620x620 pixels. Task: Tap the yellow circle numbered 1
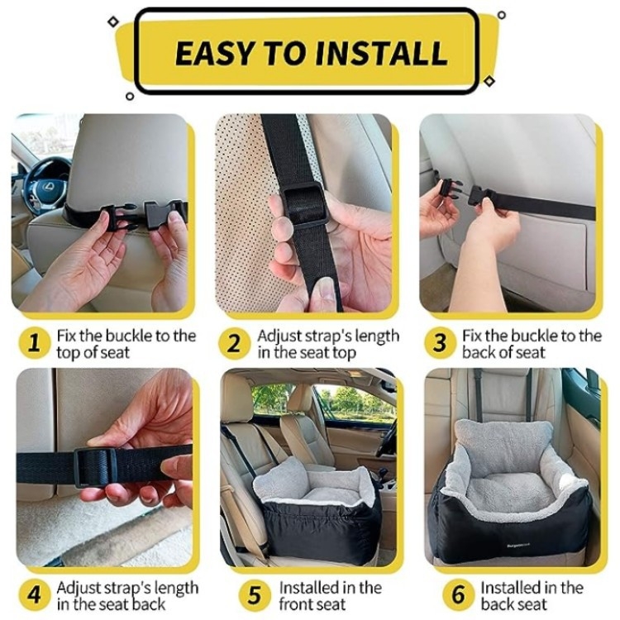click(x=35, y=343)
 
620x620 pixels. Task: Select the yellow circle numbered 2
click(x=234, y=343)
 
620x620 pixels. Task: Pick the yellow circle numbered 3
click(x=439, y=343)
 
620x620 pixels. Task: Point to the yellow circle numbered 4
click(x=35, y=594)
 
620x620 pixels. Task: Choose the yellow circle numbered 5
click(x=255, y=594)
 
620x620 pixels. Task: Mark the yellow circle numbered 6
click(x=458, y=594)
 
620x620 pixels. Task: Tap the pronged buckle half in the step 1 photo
click(x=118, y=216)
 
